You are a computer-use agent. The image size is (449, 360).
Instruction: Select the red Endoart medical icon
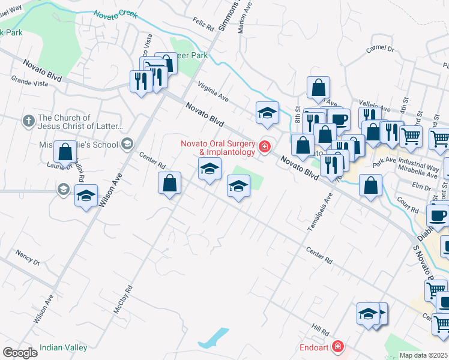pos(339,347)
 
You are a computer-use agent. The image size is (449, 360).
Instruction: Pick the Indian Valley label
pos(63,347)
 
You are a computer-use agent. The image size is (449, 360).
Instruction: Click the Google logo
pos(20,353)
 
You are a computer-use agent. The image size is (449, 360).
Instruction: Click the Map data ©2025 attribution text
pos(424,355)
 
